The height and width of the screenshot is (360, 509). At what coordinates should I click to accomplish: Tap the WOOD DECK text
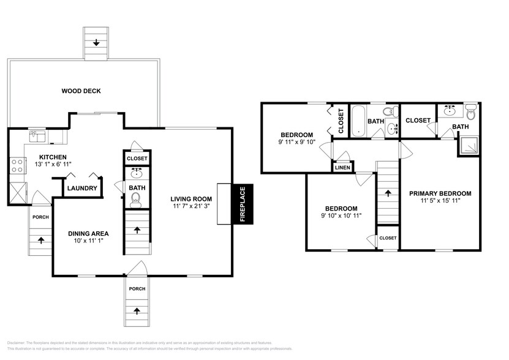pos(81,91)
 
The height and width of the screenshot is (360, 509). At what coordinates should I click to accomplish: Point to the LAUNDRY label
pos(81,188)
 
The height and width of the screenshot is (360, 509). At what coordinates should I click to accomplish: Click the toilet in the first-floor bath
pos(135,198)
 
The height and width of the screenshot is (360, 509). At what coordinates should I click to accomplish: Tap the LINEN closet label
pos(342,167)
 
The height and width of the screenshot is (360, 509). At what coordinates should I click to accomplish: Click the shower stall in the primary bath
pos(469,145)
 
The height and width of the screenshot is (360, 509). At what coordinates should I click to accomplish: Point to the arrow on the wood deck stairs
pos(97,43)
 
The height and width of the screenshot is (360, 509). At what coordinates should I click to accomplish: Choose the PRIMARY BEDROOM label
pos(440,193)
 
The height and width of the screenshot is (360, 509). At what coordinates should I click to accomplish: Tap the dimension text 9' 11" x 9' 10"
pos(297,143)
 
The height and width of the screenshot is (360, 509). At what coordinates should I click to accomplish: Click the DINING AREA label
pos(88,233)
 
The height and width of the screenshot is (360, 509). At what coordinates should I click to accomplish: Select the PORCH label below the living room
pos(137,288)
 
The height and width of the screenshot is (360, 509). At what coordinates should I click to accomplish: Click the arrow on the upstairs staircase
pos(386,192)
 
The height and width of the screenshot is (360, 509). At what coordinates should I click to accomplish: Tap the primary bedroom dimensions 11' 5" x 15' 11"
pos(440,200)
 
